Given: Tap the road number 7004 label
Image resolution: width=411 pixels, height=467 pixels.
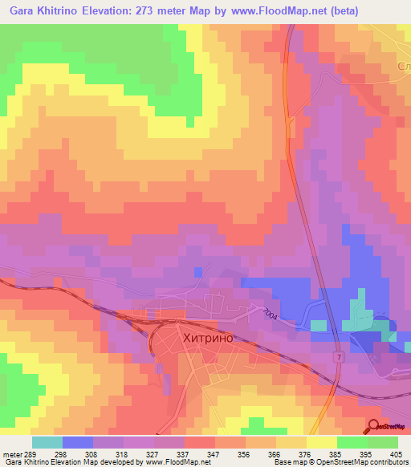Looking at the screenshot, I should tap(268, 316).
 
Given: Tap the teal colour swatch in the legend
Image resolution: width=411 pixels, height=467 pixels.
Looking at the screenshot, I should tap(47, 442).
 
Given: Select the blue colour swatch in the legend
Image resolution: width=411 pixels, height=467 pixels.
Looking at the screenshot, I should tap(77, 442).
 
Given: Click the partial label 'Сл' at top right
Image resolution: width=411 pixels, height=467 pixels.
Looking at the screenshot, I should tap(402, 64).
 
